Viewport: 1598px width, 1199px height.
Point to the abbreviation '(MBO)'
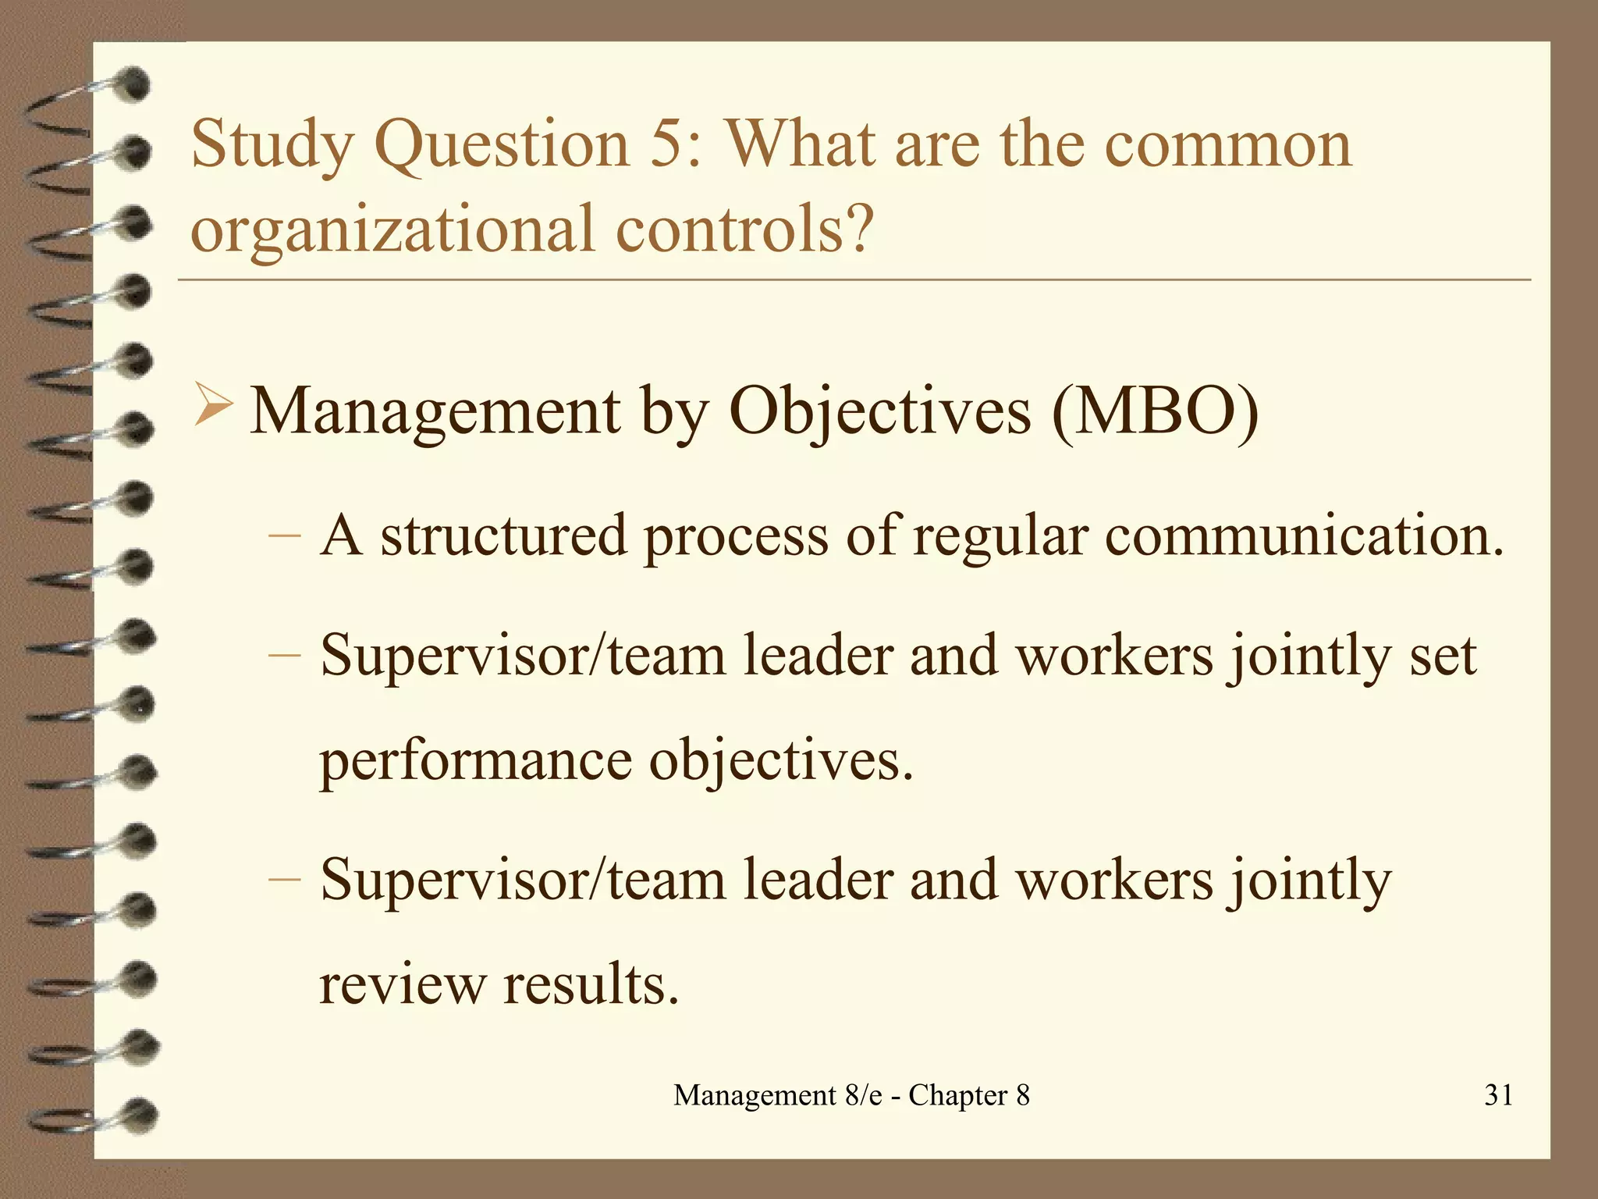[1155, 411]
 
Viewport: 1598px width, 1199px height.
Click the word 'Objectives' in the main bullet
[879, 412]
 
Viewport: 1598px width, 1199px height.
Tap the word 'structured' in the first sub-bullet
[503, 535]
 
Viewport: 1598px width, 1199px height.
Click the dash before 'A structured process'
[284, 536]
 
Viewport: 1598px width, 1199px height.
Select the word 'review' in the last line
[402, 984]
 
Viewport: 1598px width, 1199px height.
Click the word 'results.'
[591, 984]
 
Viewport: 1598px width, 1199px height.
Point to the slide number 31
[1499, 1095]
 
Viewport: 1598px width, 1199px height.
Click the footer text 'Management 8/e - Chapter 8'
[851, 1095]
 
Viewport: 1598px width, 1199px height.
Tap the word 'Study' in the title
[272, 145]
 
